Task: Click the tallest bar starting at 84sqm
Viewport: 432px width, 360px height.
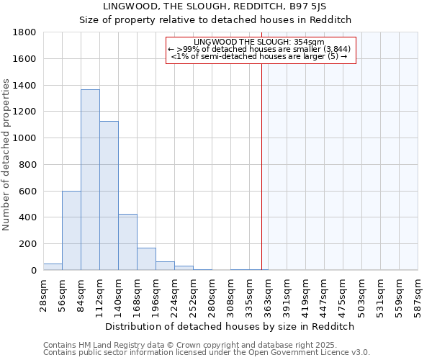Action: click(90, 180)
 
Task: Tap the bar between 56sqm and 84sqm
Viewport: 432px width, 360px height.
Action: click(71, 230)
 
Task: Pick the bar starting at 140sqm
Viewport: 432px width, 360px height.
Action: click(127, 242)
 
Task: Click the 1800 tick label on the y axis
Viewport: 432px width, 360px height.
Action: click(25, 32)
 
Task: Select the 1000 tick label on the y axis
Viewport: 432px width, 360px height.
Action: click(25, 138)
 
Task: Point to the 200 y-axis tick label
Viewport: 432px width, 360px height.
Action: click(28, 244)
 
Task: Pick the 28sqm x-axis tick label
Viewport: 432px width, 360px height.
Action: click(44, 294)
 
